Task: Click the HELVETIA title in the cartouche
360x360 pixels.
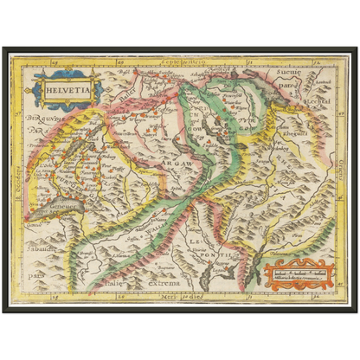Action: [x=67, y=87]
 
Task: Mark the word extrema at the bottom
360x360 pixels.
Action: [x=162, y=283]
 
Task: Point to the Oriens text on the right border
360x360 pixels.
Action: [x=343, y=177]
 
